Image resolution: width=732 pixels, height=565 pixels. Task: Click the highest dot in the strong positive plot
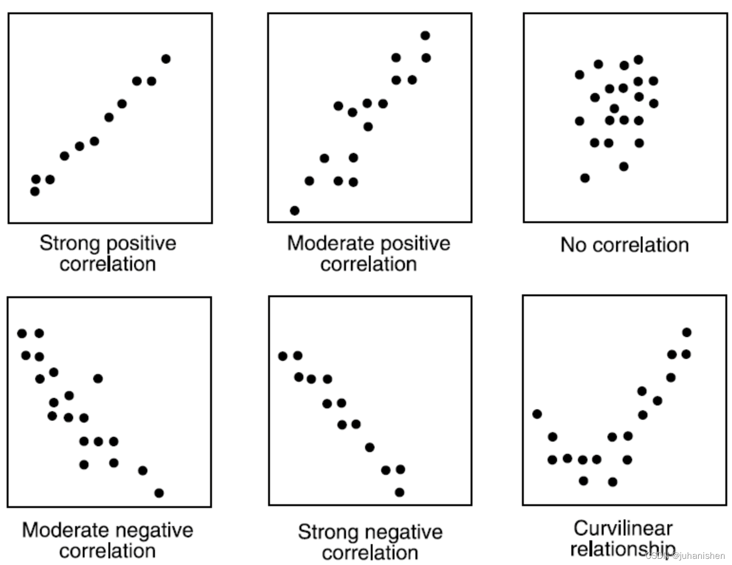pos(166,59)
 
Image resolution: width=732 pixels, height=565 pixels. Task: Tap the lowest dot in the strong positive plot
pos(35,191)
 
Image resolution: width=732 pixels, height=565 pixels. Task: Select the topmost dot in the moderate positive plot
pos(425,36)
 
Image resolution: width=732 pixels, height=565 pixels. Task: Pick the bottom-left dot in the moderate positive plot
pos(295,210)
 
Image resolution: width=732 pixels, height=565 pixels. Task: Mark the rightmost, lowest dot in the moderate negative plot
pos(159,493)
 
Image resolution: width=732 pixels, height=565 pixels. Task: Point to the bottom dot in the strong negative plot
pos(400,492)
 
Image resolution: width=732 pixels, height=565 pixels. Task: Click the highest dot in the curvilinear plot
pos(686,332)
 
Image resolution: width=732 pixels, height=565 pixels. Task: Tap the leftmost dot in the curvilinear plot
pos(537,414)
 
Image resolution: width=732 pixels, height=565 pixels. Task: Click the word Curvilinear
pos(623,528)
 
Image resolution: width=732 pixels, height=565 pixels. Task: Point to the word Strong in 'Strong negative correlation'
pos(328,532)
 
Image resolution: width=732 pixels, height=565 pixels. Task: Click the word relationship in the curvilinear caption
pos(622,549)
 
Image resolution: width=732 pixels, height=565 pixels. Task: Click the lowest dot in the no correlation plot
pos(585,178)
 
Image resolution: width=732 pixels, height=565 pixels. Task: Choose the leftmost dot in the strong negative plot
pos(283,356)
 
